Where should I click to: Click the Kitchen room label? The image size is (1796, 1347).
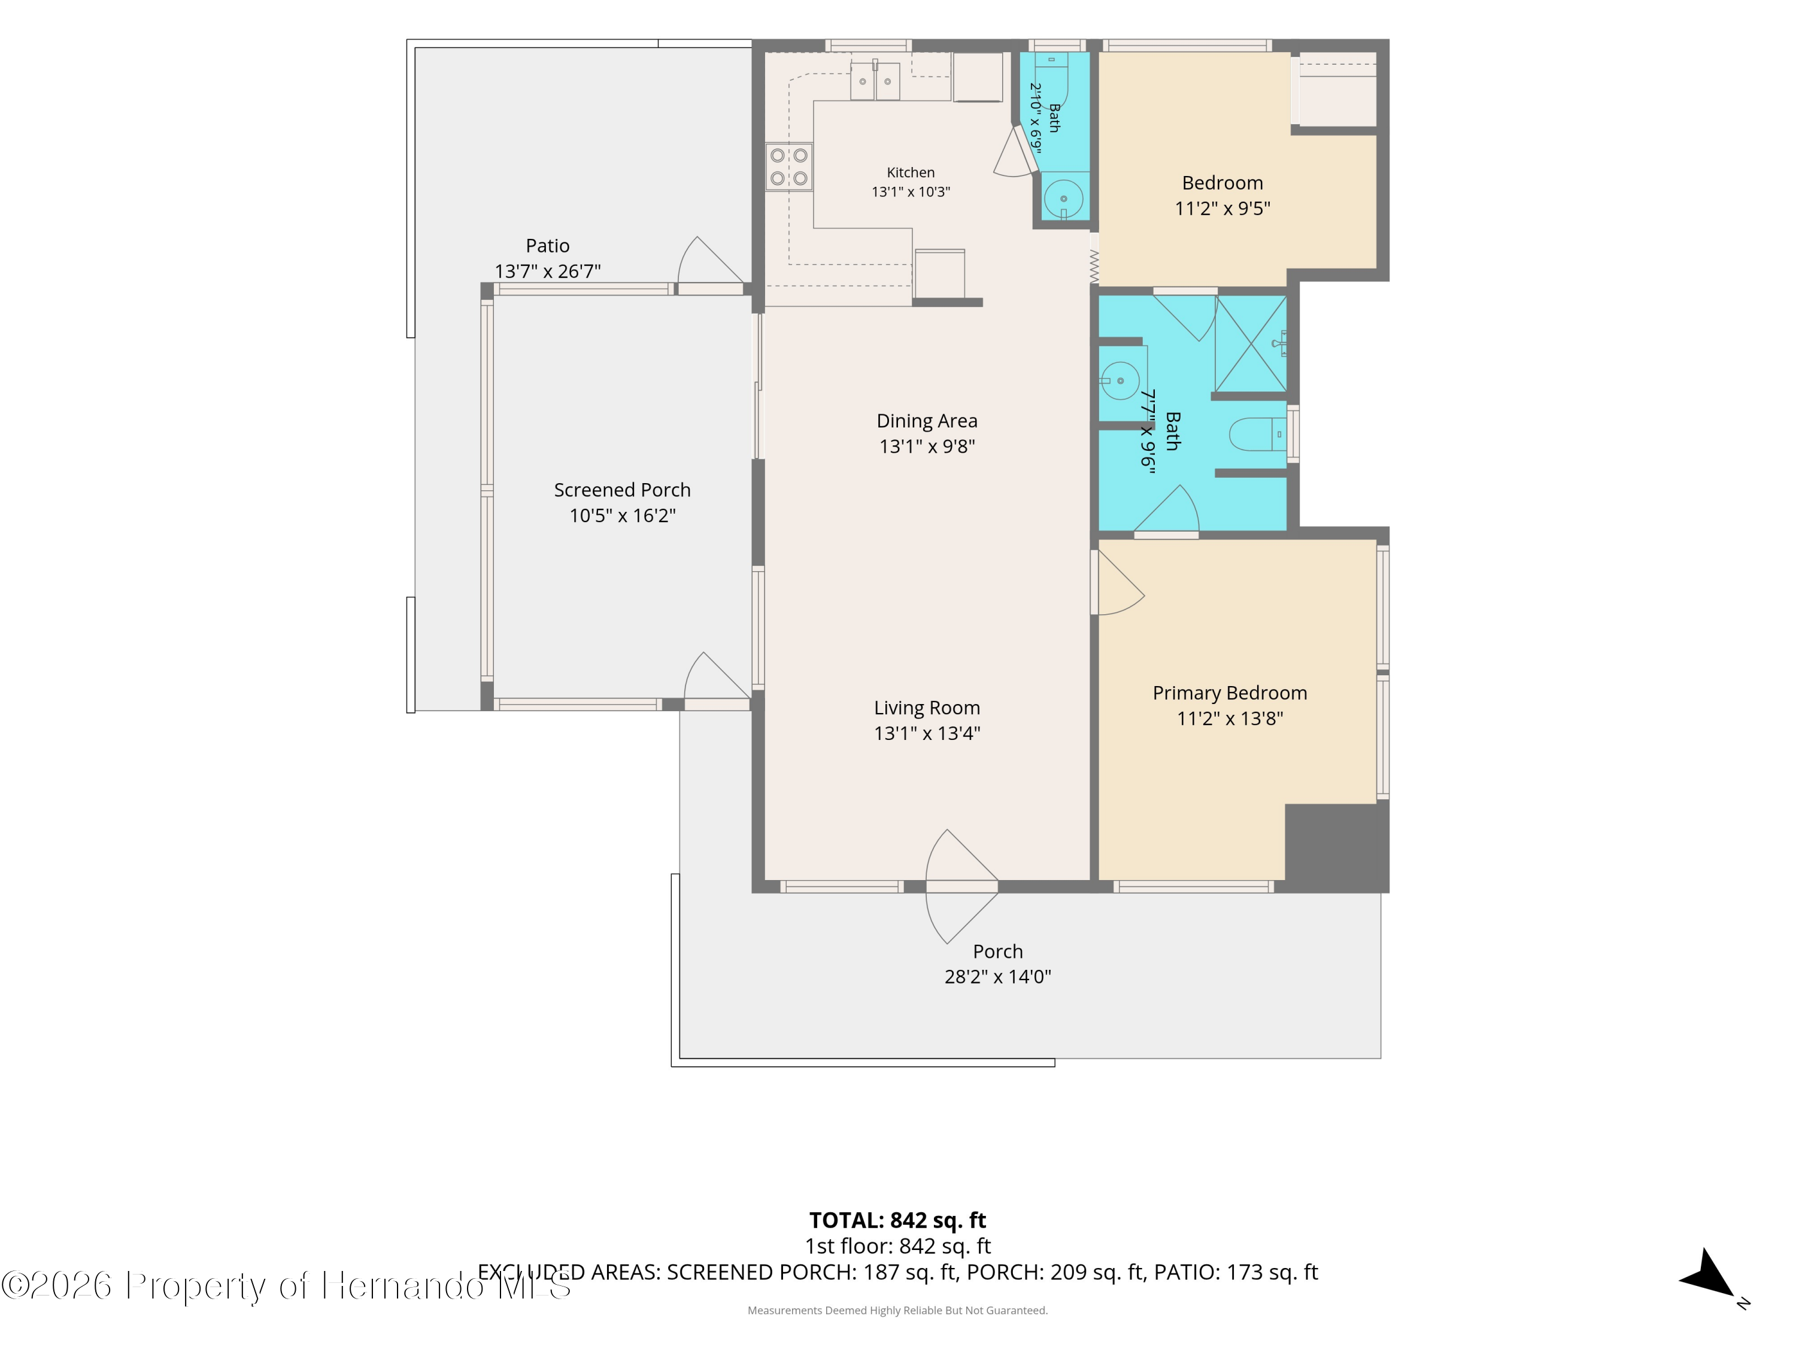click(x=910, y=172)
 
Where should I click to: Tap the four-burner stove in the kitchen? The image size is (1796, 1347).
click(x=788, y=166)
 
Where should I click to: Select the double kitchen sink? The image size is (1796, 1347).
click(x=875, y=81)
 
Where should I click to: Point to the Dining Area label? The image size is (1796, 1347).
click(x=926, y=421)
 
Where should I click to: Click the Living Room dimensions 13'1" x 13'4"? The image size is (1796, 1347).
click(x=926, y=733)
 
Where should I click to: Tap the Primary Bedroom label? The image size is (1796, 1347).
click(x=1229, y=693)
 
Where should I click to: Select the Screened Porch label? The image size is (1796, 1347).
click(x=622, y=490)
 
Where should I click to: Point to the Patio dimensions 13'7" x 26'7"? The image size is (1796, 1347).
click(x=547, y=271)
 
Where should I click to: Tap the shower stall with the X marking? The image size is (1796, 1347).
click(x=1251, y=344)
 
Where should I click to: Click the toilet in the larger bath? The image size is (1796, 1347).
click(x=1258, y=435)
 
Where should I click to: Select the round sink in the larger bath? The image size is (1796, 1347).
click(x=1120, y=381)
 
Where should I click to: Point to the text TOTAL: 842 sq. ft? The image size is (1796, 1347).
click(x=897, y=1219)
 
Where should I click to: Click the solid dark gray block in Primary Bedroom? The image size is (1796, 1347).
click(x=1336, y=848)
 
